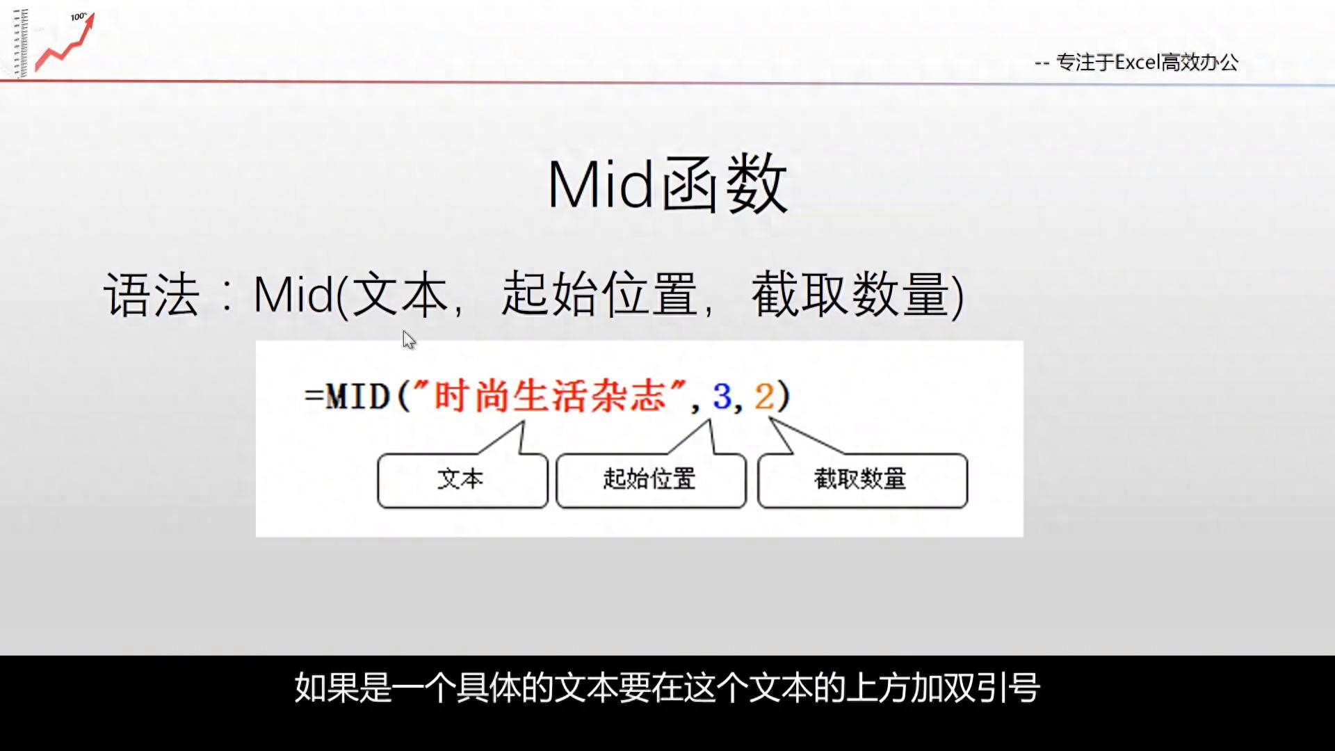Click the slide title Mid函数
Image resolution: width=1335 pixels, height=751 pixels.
point(667,185)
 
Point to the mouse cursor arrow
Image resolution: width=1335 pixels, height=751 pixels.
point(409,340)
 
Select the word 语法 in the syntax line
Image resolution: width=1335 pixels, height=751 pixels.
point(152,295)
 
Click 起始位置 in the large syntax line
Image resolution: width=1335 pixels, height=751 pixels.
point(599,295)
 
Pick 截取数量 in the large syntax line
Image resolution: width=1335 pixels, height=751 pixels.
point(850,295)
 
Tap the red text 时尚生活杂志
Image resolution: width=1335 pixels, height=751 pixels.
point(550,396)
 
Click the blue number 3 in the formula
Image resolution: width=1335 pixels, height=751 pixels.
point(722,397)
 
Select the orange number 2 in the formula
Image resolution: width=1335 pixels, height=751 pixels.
point(764,397)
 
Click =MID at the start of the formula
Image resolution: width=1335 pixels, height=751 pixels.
point(347,397)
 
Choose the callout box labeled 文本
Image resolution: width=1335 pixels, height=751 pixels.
point(462,481)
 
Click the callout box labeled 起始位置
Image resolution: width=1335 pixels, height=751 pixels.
point(651,481)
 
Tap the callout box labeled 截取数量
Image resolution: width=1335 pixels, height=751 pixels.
point(862,481)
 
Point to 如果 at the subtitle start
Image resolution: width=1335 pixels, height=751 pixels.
point(327,688)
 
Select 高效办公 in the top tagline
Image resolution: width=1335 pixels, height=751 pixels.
point(1200,63)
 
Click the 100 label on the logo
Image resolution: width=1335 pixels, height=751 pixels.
point(79,17)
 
